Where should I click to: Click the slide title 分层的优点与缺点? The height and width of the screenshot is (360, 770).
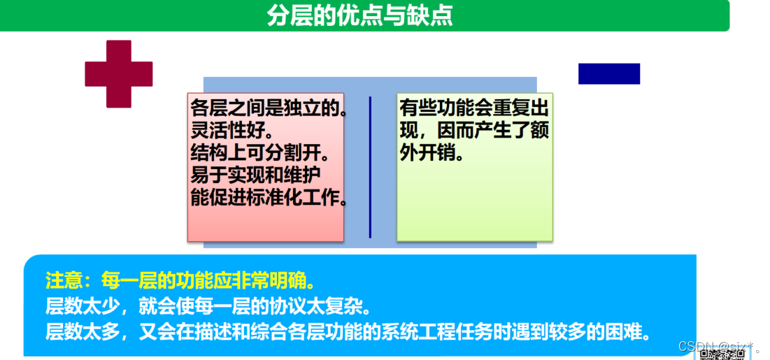point(359,16)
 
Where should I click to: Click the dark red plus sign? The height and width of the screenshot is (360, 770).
point(119,74)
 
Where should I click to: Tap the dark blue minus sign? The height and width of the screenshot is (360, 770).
point(608,73)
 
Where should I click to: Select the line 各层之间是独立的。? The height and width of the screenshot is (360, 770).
point(269,109)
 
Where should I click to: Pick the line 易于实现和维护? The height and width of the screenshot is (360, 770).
point(256,175)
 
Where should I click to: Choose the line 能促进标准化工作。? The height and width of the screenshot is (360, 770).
point(269,197)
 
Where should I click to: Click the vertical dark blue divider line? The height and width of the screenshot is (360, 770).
point(370,167)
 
